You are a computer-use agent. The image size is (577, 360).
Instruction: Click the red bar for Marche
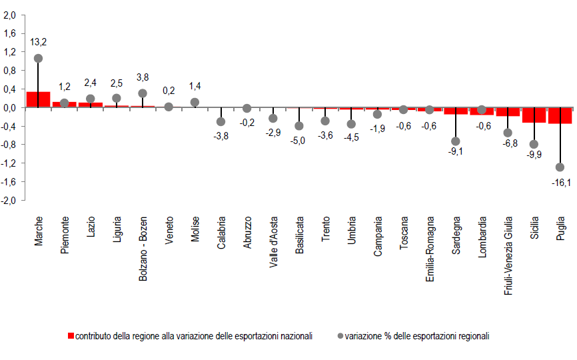tap(38, 99)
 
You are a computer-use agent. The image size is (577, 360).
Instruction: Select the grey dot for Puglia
tap(560, 167)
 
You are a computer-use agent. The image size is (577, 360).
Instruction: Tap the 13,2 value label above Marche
tap(38, 41)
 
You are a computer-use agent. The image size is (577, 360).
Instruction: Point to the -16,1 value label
tap(560, 183)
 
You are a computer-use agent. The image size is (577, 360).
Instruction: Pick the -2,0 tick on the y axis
tap(9, 200)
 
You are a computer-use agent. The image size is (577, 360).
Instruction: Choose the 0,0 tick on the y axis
tap(9, 107)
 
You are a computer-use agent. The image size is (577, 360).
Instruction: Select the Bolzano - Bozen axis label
tap(143, 248)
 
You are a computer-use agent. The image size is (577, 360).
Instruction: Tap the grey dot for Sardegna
tap(456, 141)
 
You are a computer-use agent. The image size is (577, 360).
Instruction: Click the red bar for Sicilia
tap(534, 115)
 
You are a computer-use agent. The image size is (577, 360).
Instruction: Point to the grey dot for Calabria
tap(221, 122)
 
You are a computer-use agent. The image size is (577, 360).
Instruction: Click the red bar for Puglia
tap(560, 115)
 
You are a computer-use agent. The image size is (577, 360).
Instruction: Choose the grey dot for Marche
tap(38, 59)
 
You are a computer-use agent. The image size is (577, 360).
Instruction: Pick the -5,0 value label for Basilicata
tap(299, 141)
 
